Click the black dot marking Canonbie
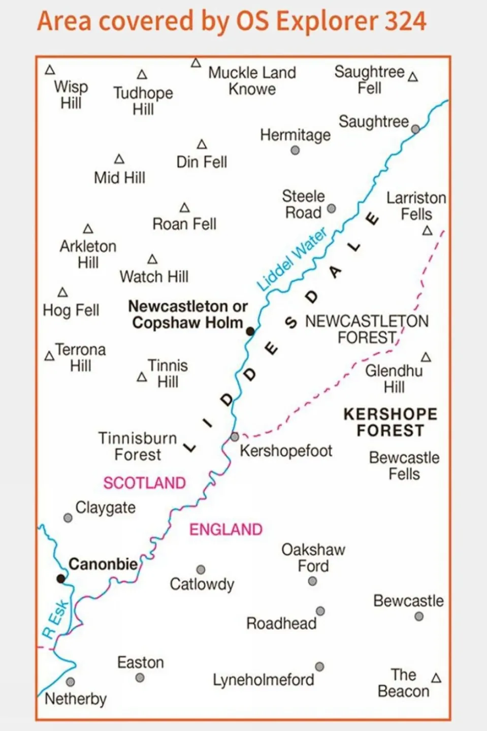[x=61, y=578]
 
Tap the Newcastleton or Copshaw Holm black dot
[x=250, y=331]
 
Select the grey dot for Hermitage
[x=295, y=150]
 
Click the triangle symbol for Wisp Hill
[x=50, y=70]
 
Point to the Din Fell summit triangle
[x=202, y=145]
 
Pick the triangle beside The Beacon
[x=436, y=678]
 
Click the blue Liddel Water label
[x=291, y=260]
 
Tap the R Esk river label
[x=55, y=619]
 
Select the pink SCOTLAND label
[x=145, y=483]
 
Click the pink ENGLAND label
[x=226, y=530]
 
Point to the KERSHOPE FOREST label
[x=391, y=422]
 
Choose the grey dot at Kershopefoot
[x=235, y=436]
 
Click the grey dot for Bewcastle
[x=419, y=616]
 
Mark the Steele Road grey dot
[x=332, y=208]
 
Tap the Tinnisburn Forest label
[x=137, y=446]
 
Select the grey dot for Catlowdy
[x=201, y=569]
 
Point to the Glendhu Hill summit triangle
[x=426, y=358]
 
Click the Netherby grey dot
[x=71, y=682]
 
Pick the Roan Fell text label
[x=184, y=224]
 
